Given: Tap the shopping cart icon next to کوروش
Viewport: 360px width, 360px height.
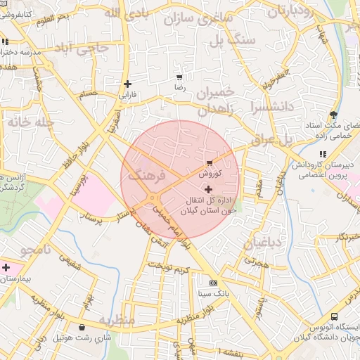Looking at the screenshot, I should pos(210,163).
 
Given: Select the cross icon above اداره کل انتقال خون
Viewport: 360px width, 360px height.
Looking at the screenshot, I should pos(208,189).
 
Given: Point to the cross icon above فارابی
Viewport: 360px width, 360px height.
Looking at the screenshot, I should pos(127,84).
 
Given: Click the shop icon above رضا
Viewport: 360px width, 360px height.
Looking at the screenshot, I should pos(179,77).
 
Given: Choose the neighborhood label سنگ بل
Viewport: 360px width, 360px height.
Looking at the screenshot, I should pos(236,40).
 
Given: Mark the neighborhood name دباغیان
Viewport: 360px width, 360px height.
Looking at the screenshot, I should pos(262,243).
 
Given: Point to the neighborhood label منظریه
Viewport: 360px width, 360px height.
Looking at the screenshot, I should pos(115,320).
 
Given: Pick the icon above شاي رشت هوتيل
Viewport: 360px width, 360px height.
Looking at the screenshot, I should pos(84,327).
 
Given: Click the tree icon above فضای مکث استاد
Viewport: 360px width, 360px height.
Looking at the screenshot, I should pos(333,114).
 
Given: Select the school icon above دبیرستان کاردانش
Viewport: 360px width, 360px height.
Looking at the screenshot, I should pos(322,154).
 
